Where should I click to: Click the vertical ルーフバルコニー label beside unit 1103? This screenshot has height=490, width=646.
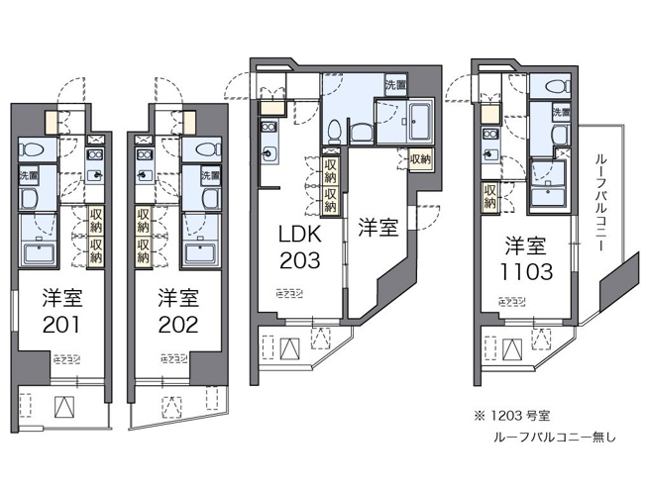(x=600, y=198)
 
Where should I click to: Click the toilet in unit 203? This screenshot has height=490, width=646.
(x=336, y=129)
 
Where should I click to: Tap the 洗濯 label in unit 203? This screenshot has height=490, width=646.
(x=394, y=83)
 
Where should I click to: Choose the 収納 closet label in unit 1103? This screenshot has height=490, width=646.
(x=489, y=195)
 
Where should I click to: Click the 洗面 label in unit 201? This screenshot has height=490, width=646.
(x=29, y=175)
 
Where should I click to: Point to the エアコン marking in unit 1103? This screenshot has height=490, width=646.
(x=511, y=299)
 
